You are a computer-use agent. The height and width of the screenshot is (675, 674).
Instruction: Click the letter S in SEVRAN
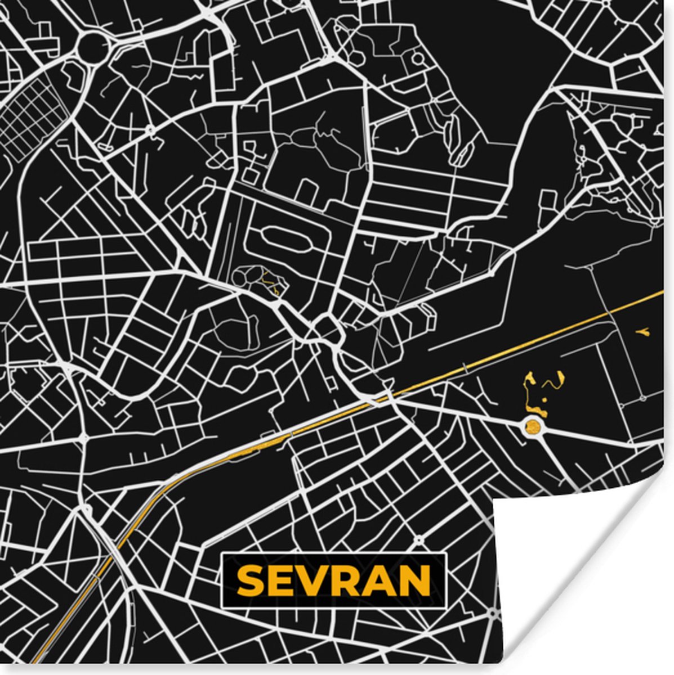(249, 580)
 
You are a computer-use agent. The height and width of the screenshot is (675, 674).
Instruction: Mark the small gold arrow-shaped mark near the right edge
(642, 333)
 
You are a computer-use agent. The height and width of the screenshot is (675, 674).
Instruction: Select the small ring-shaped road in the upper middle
(417, 57)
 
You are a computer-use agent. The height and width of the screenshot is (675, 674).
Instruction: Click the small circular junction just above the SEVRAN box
(418, 541)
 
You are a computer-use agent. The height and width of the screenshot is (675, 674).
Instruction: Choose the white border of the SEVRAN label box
(333, 555)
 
